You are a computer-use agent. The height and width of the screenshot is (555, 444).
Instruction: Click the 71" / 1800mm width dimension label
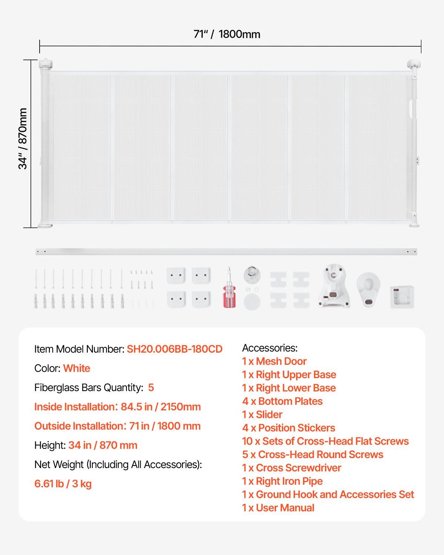(x=227, y=34)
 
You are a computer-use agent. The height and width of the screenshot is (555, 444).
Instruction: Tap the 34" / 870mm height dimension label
(x=23, y=139)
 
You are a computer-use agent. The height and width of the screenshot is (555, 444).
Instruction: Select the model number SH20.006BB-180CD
(x=175, y=349)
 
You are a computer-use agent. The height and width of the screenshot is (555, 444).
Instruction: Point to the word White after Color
(x=77, y=369)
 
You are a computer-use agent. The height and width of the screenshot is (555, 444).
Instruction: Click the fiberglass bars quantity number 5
(x=151, y=388)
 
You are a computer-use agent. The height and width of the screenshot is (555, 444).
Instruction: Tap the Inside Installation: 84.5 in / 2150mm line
(x=117, y=407)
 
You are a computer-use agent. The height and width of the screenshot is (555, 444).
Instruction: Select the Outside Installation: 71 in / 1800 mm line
(x=117, y=426)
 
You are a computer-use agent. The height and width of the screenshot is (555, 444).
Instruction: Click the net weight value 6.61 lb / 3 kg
(x=63, y=484)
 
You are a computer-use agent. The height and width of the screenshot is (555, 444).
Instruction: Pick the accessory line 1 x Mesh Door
(x=274, y=361)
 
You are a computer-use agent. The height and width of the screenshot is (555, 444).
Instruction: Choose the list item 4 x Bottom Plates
(x=282, y=401)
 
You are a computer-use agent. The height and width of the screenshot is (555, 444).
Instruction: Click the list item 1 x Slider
(x=262, y=415)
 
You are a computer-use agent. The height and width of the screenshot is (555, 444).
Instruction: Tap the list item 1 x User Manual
(x=278, y=508)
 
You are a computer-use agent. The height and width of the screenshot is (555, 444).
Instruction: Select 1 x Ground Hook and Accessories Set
(x=328, y=495)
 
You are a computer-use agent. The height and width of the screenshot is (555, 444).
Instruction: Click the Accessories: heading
(x=270, y=348)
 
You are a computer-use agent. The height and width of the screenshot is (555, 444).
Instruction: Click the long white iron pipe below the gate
(x=226, y=252)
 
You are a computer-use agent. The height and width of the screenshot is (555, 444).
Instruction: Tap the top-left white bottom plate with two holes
(x=176, y=276)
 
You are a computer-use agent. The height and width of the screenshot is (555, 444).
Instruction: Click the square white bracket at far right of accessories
(x=402, y=297)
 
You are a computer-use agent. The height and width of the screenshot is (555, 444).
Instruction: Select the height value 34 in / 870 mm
(x=103, y=445)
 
